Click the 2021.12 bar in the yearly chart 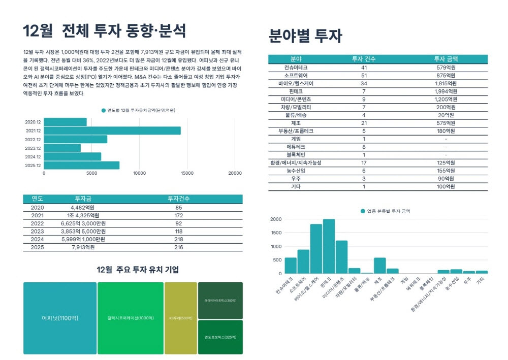click(112, 130)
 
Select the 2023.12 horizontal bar click(62, 148)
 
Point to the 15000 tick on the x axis click(187, 173)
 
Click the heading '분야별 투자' click(305, 36)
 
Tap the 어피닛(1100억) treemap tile click(60, 318)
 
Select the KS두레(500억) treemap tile click(180, 318)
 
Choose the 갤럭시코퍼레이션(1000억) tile click(131, 318)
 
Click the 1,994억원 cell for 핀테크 click(446, 91)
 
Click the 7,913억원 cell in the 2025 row click(83, 247)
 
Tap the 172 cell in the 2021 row click(178, 215)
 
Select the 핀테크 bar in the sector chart click(329, 246)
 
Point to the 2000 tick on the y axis click(276, 219)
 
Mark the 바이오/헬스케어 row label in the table click(296, 83)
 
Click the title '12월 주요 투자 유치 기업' click(138, 270)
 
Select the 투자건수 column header click(178, 199)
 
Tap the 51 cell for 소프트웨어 click(364, 75)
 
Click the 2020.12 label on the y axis click(33, 122)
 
